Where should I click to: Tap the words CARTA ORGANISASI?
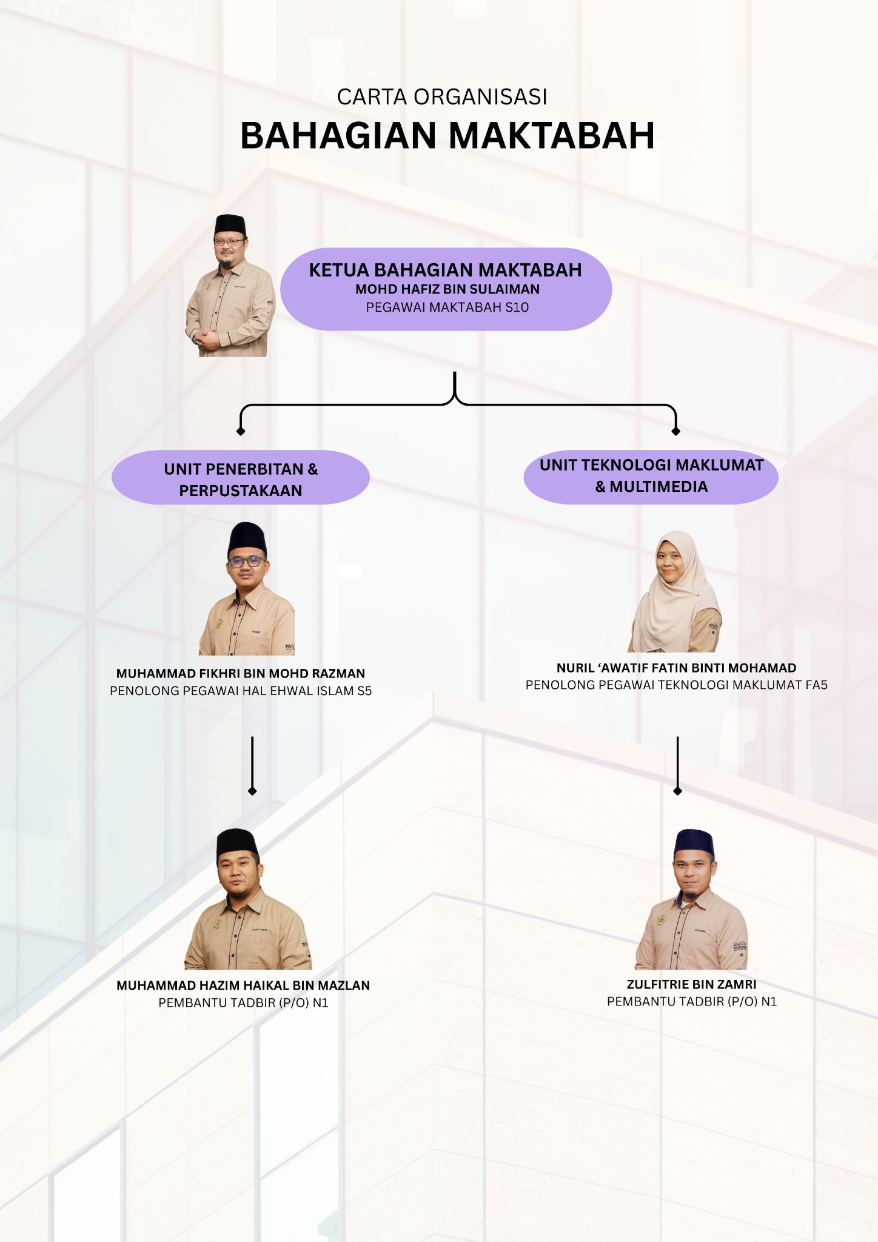[442, 97]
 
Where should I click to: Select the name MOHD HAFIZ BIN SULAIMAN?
[447, 289]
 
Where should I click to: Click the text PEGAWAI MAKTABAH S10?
[447, 307]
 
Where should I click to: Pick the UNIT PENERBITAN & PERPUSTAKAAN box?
[241, 477]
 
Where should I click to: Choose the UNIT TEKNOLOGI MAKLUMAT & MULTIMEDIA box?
[651, 477]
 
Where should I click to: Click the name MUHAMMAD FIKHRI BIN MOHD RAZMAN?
[241, 673]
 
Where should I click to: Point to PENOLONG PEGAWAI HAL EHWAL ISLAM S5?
[241, 691]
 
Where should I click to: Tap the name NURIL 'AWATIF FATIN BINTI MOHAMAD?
[676, 668]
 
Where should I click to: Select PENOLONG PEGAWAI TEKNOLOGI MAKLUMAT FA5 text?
[676, 685]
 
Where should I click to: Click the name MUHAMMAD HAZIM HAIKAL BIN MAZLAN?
[243, 985]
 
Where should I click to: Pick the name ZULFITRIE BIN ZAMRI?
[691, 984]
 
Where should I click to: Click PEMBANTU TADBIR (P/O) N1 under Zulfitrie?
[691, 1001]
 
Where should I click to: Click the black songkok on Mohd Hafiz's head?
[230, 224]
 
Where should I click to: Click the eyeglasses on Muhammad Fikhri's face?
[247, 562]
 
